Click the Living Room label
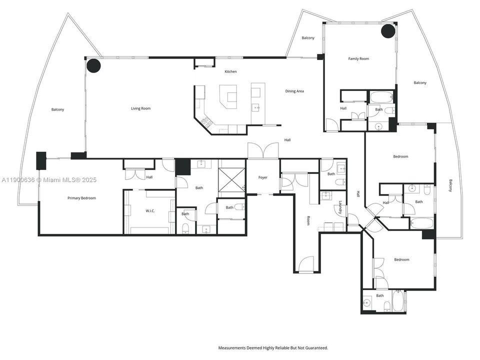[x=140, y=108]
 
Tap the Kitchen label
[x=230, y=71]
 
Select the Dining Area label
[x=294, y=91]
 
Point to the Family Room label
[x=358, y=59]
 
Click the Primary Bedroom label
[x=81, y=198]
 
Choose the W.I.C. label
[x=150, y=211]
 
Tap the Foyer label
[x=263, y=177]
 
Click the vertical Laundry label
[x=340, y=207]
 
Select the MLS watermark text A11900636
[x=20, y=179]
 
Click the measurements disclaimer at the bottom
[x=273, y=347]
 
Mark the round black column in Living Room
[x=93, y=65]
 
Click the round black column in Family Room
[x=388, y=31]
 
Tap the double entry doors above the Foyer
[x=263, y=150]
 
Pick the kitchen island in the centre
[x=231, y=96]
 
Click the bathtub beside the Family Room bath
[x=381, y=96]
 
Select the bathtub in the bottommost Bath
[x=398, y=301]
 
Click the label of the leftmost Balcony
[x=57, y=109]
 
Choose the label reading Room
[x=308, y=220]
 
